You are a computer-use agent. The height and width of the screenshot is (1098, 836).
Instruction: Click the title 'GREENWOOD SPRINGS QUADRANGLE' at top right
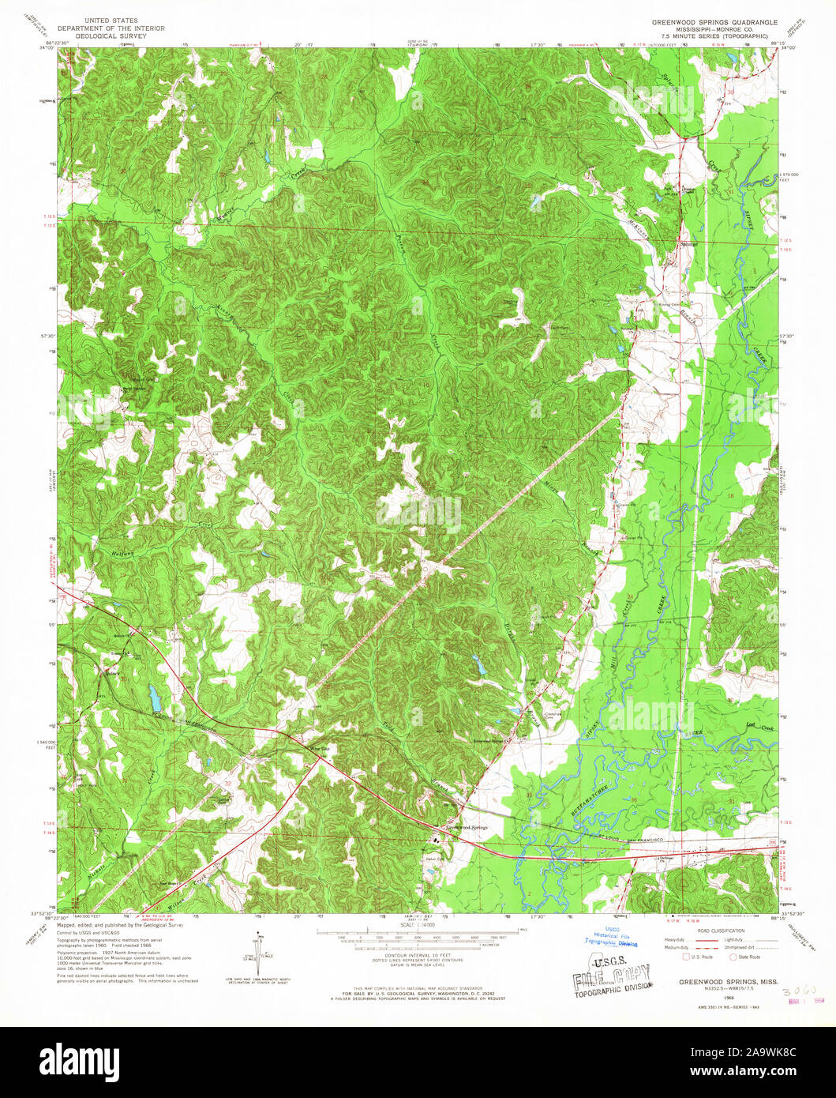714,22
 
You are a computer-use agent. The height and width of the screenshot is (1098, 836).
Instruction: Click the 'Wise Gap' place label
318,748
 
